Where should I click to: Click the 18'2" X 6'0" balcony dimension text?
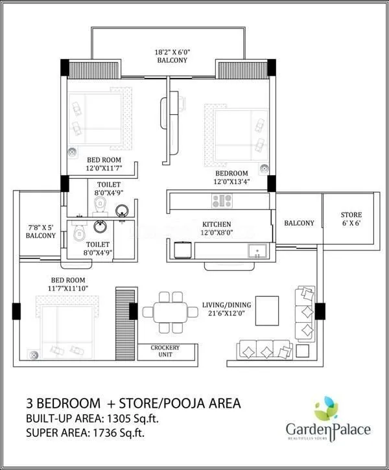172,54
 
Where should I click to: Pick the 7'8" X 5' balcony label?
40,231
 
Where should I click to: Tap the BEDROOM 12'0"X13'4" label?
231,178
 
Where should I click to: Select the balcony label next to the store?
299,223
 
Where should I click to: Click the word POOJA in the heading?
185,403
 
